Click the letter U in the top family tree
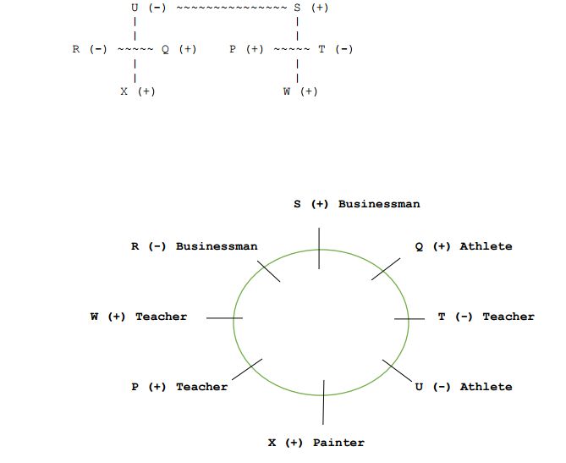135,8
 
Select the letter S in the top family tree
297,8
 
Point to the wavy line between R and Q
135,49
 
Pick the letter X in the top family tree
124,91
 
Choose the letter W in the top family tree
288,91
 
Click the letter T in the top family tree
322,49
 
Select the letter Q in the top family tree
166,49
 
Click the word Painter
338,443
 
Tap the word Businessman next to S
378,204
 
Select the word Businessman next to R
217,246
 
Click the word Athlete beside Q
486,246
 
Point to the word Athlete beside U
486,387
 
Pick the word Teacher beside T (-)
508,317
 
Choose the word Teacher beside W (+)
161,317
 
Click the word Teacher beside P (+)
201,387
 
